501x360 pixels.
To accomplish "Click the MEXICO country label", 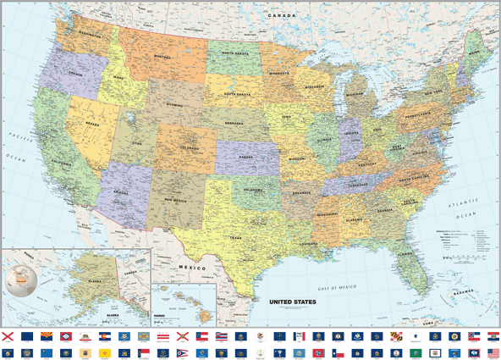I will [x=191, y=268].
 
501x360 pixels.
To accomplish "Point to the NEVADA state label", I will [x=92, y=124].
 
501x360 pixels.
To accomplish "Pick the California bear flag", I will [x=85, y=335].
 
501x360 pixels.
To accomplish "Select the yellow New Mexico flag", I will [x=104, y=353].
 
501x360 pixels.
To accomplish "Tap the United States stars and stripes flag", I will [x=493, y=353].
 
